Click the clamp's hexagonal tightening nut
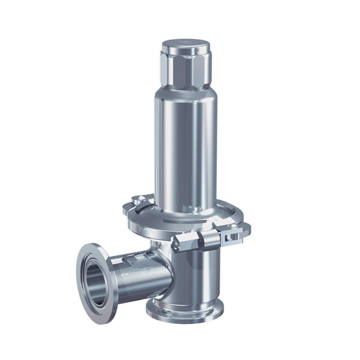182,242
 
